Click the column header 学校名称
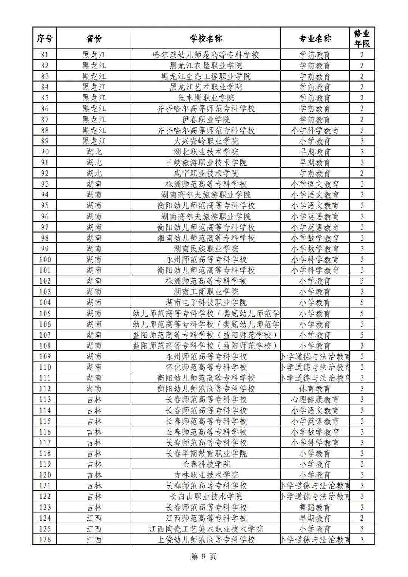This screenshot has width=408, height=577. coord(206,39)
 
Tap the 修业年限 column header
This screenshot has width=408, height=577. coord(362,39)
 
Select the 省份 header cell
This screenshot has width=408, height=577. coord(94,39)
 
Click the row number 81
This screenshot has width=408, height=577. coord(45,55)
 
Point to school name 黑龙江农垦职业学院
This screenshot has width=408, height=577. coord(206,66)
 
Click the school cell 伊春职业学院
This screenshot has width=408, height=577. coord(206,120)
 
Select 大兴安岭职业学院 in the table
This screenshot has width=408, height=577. coord(206,141)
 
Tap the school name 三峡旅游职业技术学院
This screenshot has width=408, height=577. coord(206,163)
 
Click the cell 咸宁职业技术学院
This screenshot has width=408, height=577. coord(206,173)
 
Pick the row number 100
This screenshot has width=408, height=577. coord(45,259)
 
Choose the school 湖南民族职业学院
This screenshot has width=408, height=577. coord(206,249)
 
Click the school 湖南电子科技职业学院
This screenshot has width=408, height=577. coord(206,302)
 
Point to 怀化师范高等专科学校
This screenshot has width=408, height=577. coord(206,367)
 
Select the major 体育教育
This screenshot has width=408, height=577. coord(315,389)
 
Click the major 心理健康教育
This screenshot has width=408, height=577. coord(315,400)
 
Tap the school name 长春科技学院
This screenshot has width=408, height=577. coord(206,464)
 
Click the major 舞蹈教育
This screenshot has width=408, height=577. coord(315,507)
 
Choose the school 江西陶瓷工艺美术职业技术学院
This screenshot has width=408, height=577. coord(206,529)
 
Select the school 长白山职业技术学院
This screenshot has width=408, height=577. coord(206,496)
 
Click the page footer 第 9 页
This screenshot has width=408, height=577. coord(204,557)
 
